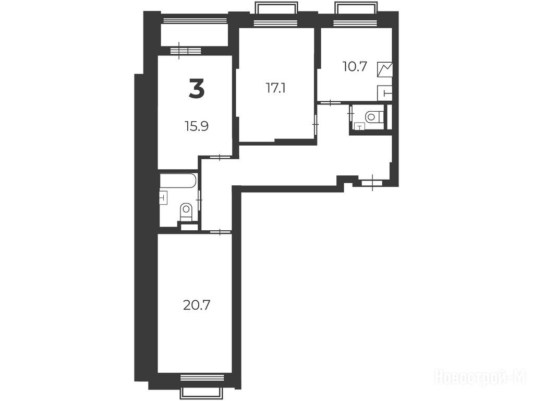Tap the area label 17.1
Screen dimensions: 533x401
(275, 89)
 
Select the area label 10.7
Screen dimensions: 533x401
(355, 67)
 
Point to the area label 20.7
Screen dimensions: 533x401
(197, 305)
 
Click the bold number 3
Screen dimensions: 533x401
(197, 88)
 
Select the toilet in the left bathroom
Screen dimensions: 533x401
(186, 212)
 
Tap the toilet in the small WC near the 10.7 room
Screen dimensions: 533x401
(374, 117)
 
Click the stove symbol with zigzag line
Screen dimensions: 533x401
(385, 69)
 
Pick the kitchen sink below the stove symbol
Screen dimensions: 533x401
(385, 92)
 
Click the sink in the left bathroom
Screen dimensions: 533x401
(164, 197)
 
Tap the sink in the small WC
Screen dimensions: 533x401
(359, 126)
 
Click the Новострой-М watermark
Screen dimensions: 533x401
(480, 377)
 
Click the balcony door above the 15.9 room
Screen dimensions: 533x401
(186, 51)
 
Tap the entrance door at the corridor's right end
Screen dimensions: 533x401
(372, 183)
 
